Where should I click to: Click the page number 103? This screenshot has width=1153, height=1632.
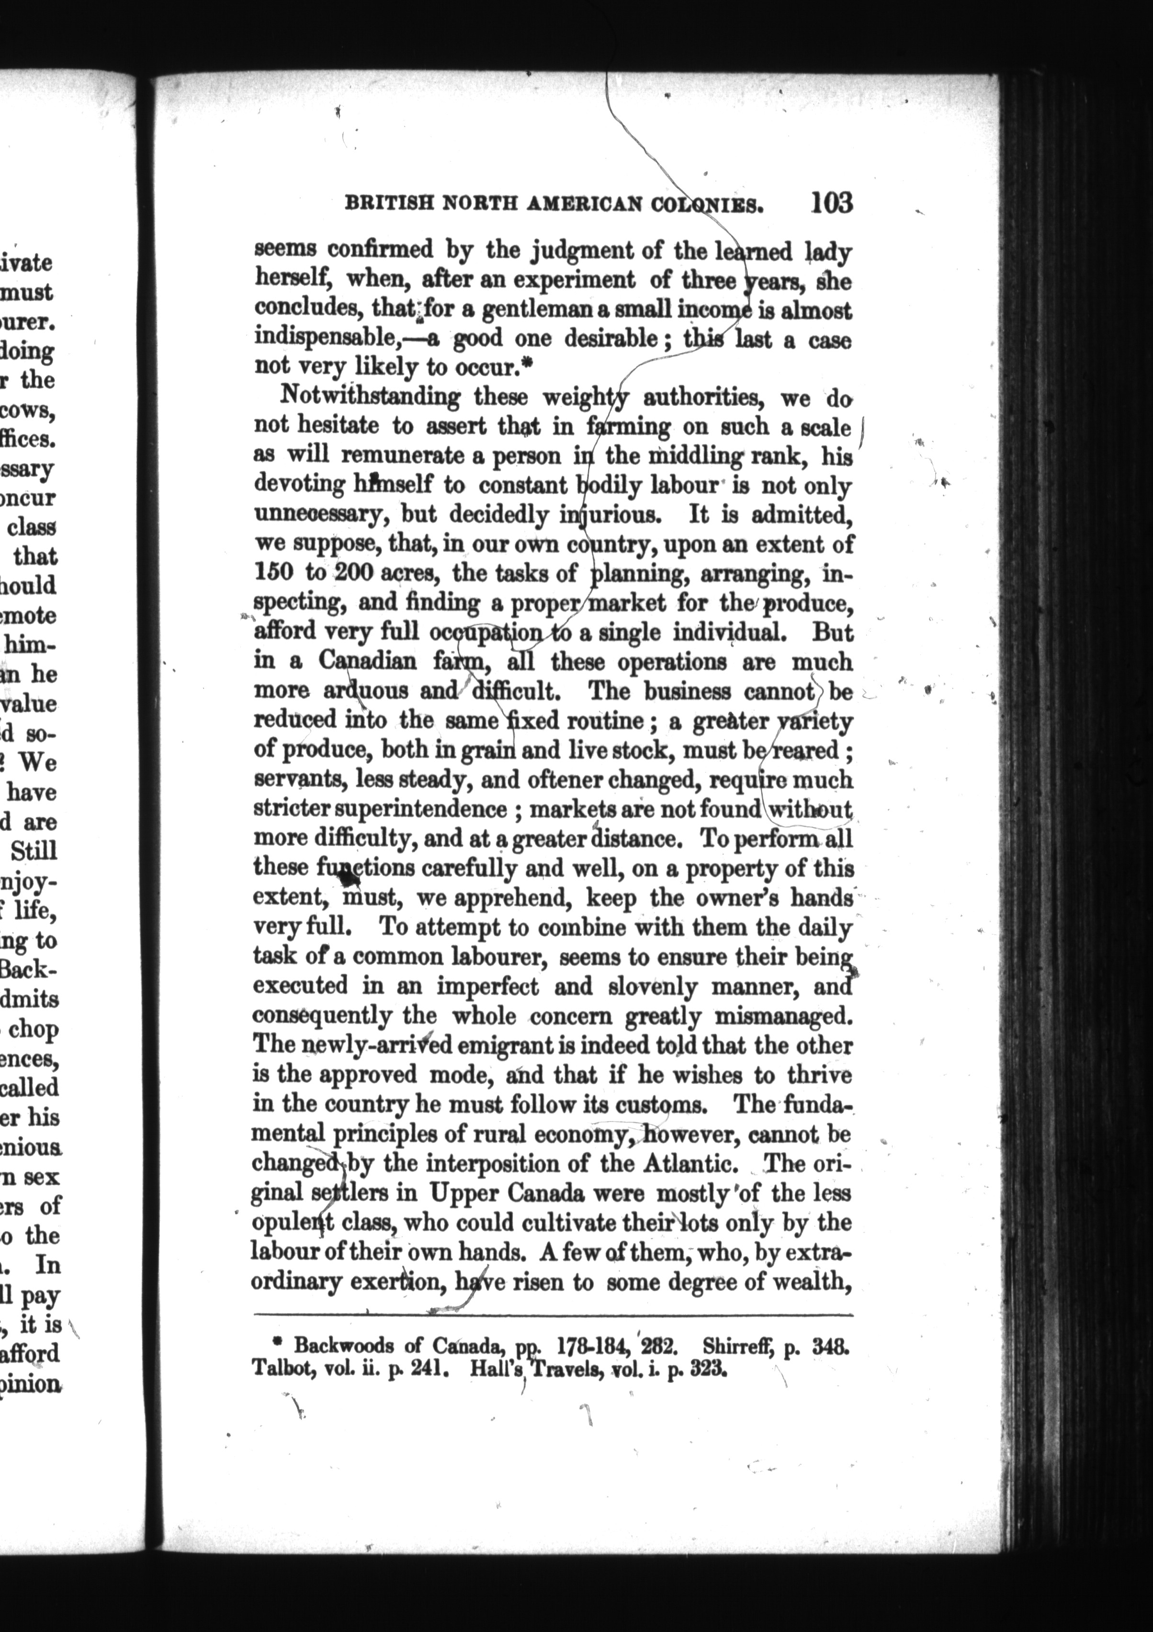830,203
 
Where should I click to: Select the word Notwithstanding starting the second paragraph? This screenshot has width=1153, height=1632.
370,395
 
